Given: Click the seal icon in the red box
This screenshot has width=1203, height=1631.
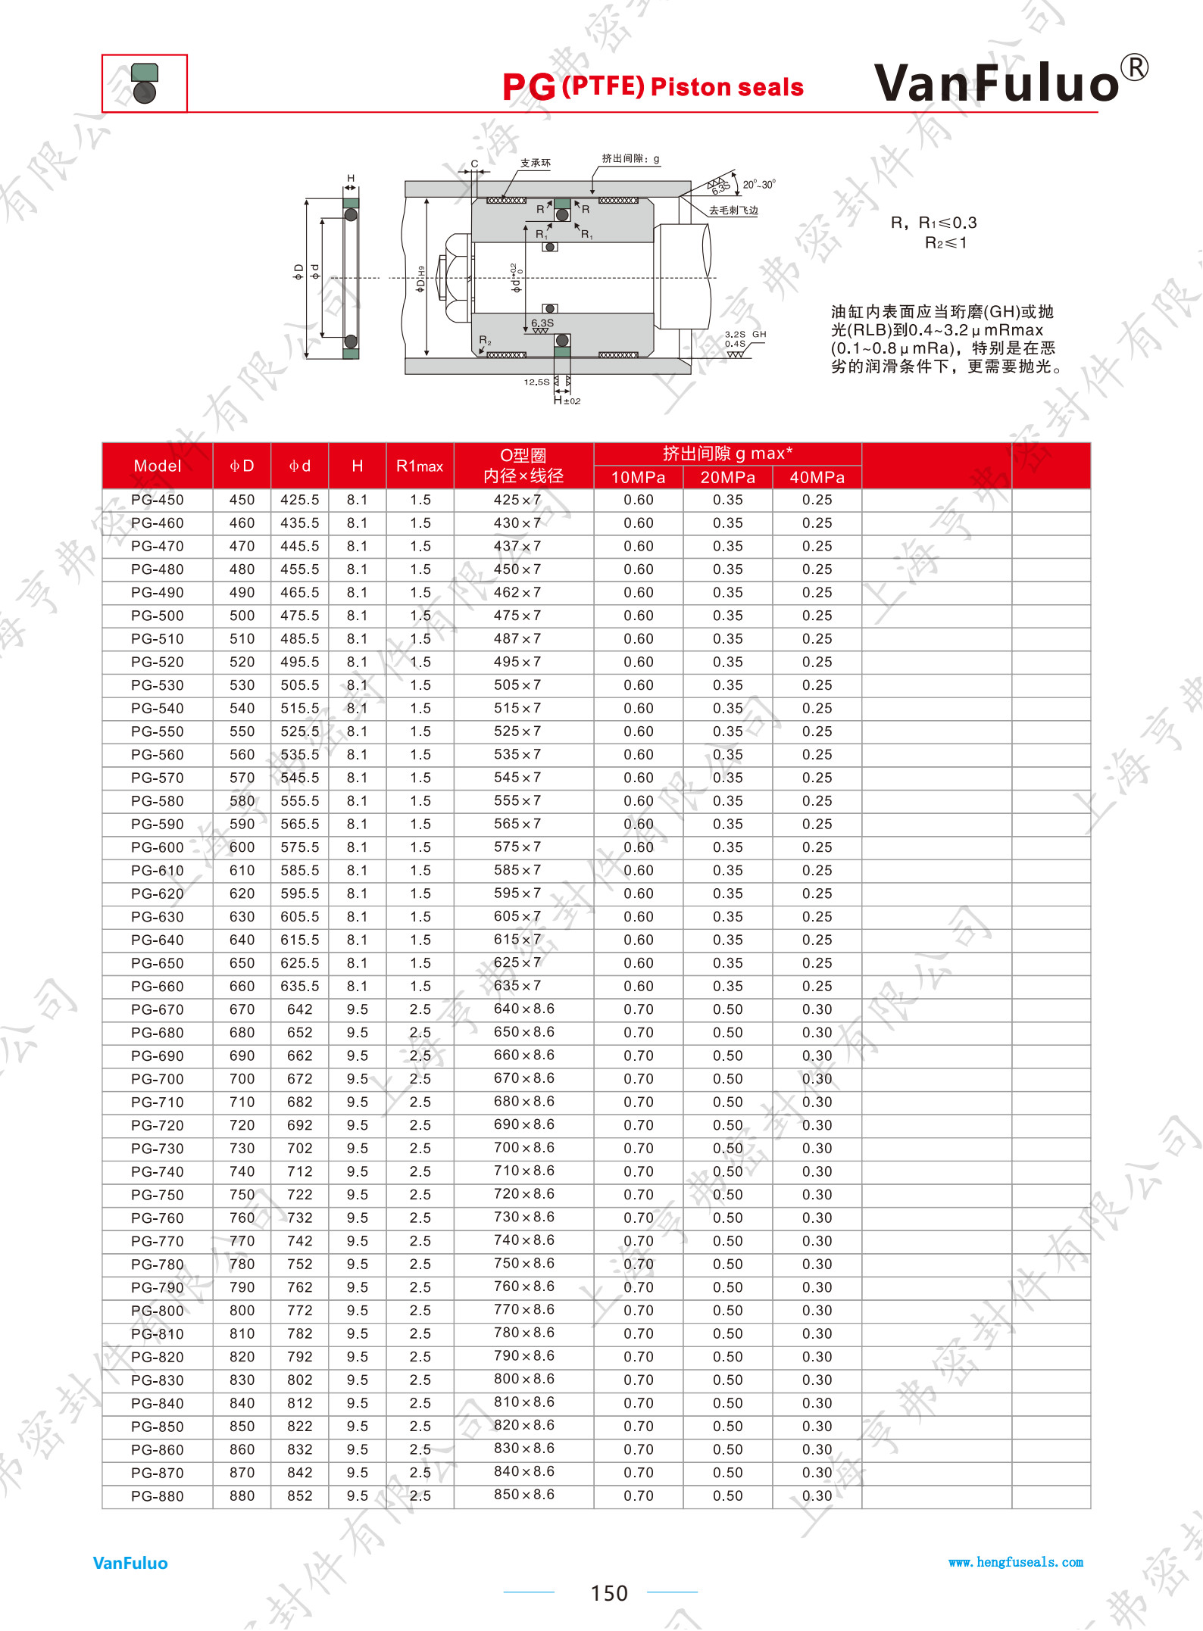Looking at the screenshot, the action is point(144,83).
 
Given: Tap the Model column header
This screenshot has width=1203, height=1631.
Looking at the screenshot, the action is point(158,466).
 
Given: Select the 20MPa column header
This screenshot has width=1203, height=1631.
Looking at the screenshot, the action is point(727,477).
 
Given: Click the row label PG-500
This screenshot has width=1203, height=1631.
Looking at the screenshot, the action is point(158,616).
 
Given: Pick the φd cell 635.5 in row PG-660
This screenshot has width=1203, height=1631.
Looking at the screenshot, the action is point(300,986).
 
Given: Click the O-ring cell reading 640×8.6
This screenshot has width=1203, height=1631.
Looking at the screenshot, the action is point(524,1009).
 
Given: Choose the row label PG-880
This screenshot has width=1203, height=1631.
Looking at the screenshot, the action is point(158,1495).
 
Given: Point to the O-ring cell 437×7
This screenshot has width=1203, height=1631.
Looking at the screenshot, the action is point(517,546).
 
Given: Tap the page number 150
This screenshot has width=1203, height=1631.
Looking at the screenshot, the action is point(609,1593).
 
